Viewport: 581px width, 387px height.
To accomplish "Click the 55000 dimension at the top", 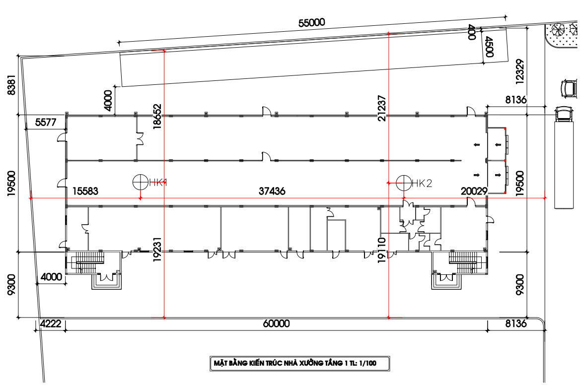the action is click(312, 23).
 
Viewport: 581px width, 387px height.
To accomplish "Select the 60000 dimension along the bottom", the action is click(277, 323).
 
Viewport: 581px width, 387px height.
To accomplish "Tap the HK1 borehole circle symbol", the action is click(141, 182).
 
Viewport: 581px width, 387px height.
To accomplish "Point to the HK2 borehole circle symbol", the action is click(404, 183).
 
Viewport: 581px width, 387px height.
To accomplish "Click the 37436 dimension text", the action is click(272, 191).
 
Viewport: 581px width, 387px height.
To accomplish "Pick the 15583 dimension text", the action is click(85, 191).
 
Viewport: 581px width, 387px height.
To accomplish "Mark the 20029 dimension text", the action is click(474, 191).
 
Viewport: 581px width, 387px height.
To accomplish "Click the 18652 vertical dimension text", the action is click(157, 116).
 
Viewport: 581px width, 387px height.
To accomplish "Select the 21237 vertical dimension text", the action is click(382, 109).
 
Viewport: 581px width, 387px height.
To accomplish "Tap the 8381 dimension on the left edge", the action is click(12, 85).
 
